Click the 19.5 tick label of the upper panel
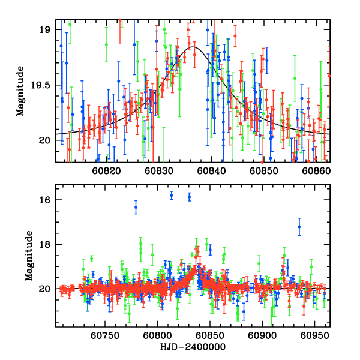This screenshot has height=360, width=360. pos(43,85)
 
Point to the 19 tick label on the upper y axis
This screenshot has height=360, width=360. pos(46,29)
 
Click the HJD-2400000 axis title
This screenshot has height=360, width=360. pos(192,347)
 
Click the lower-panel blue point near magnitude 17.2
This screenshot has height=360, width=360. pos(299,226)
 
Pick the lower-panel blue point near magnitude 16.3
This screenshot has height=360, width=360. pos(136,207)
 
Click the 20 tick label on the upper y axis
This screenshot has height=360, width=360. pos(46,140)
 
